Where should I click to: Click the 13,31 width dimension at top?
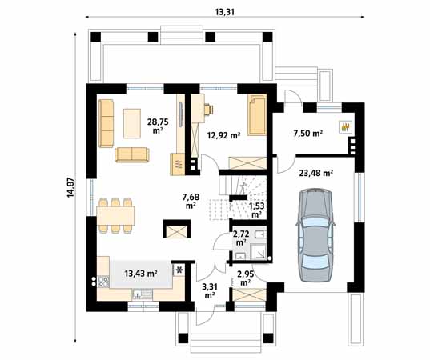(x=225, y=12)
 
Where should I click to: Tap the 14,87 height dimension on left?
(x=70, y=187)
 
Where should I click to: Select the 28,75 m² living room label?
(x=158, y=126)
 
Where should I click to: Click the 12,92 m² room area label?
(x=223, y=134)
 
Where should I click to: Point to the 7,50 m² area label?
(x=307, y=134)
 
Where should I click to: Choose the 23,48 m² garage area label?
(x=316, y=173)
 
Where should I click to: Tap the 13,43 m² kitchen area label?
(x=141, y=273)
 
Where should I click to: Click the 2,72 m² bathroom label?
(x=241, y=238)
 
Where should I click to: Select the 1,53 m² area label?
(x=256, y=210)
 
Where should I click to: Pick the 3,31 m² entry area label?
(x=210, y=291)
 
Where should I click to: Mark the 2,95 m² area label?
(x=246, y=278)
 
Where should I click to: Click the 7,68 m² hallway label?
(x=191, y=201)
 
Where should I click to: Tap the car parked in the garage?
(x=315, y=234)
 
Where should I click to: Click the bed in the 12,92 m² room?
(x=257, y=114)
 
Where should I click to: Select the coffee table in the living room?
(x=132, y=123)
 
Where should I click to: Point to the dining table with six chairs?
(x=116, y=216)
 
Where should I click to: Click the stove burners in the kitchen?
(x=103, y=282)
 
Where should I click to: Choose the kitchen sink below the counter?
(x=142, y=294)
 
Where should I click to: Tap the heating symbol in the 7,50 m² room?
(x=346, y=127)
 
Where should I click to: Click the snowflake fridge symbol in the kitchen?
(x=179, y=270)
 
